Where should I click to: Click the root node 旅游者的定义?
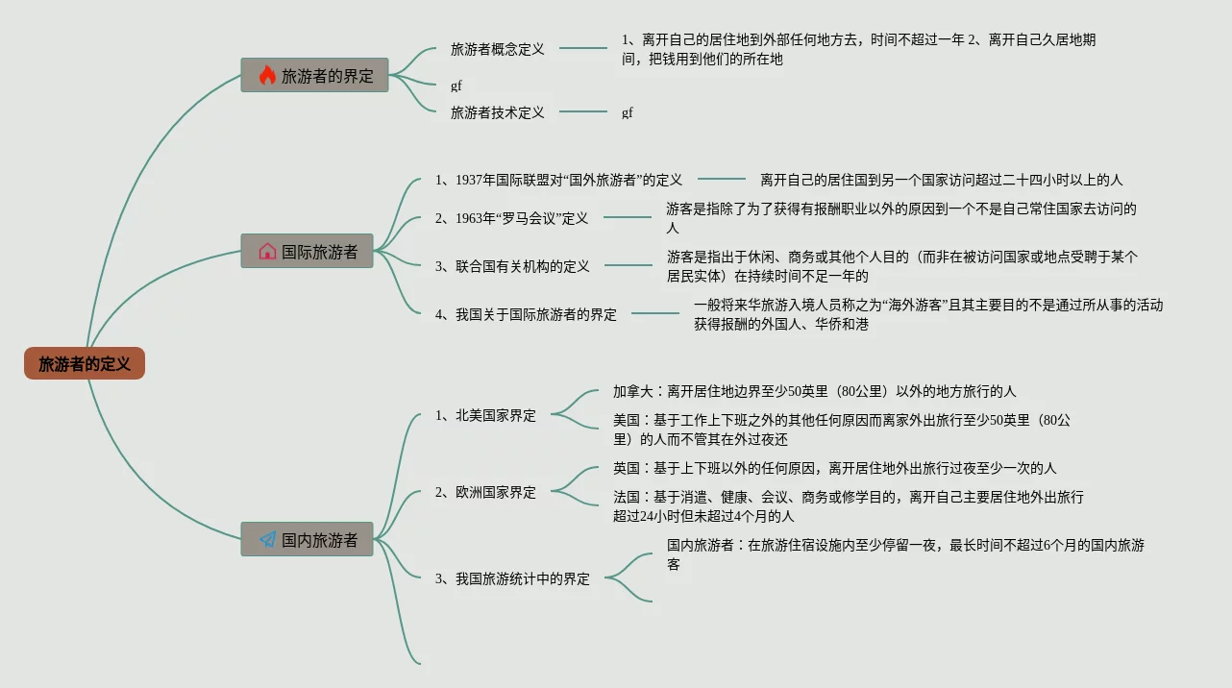(85, 364)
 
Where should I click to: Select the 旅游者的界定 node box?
(314, 75)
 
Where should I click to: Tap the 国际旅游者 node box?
(307, 252)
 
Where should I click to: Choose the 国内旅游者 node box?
(307, 540)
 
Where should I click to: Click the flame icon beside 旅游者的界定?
(267, 75)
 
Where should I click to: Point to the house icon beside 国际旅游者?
(267, 252)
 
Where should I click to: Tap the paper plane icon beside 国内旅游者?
(267, 540)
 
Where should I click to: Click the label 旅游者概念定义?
(497, 49)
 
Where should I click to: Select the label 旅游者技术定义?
(497, 112)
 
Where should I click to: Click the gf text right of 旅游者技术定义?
(628, 112)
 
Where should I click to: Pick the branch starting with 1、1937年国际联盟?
(558, 180)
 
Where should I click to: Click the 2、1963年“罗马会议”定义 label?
(511, 218)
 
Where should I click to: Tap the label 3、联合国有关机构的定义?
(512, 266)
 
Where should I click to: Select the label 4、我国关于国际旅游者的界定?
(526, 314)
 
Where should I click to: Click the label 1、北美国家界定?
(485, 416)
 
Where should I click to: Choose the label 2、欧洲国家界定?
(485, 493)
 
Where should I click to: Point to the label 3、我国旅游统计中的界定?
(512, 579)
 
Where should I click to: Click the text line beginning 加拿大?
(814, 391)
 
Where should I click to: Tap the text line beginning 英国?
(834, 468)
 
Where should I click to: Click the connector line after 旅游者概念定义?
(583, 48)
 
